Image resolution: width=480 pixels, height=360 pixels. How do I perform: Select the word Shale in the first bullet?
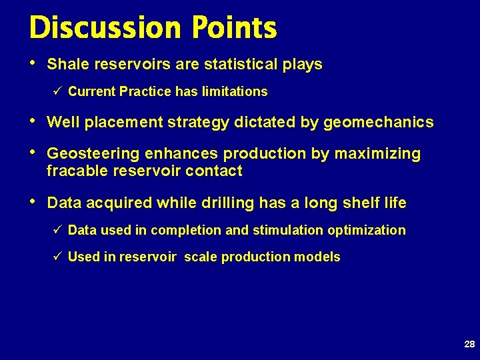pyautogui.click(x=65, y=65)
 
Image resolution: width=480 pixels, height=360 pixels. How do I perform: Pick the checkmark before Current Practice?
pyautogui.click(x=57, y=91)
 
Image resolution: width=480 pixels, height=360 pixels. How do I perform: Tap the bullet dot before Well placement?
pyautogui.click(x=33, y=121)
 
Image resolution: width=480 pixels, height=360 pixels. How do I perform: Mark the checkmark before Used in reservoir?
pyautogui.click(x=57, y=257)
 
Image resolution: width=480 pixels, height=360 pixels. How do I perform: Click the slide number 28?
pyautogui.click(x=469, y=345)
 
